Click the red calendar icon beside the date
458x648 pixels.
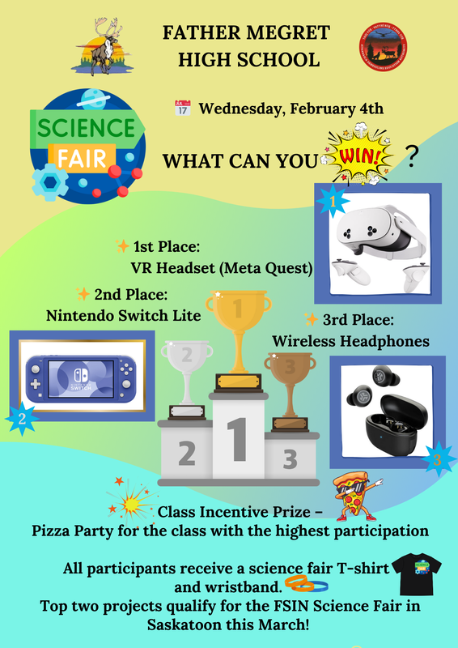(x=182, y=108)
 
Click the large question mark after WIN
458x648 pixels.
(x=412, y=156)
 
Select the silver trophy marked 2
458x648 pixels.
(x=186, y=369)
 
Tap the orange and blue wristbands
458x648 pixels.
(x=307, y=582)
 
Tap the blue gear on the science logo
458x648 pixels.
(x=49, y=182)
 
